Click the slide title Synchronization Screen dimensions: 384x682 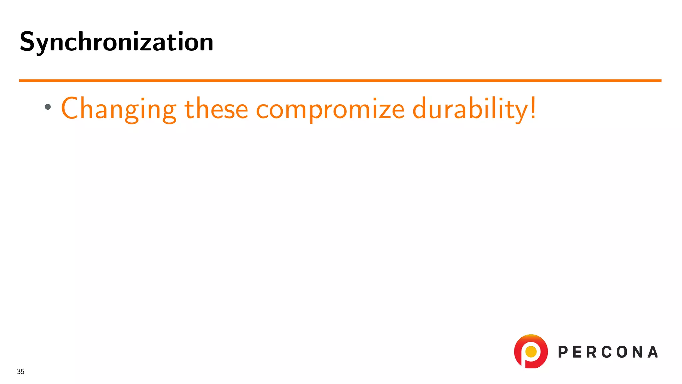point(117,42)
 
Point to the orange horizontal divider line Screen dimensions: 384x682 point(340,80)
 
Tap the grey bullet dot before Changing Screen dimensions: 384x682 point(48,107)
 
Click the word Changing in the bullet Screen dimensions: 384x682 point(119,109)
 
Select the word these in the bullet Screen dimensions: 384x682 point(216,109)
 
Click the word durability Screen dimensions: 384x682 point(470,109)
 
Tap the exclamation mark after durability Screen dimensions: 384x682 point(533,107)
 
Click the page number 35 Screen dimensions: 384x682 point(21,371)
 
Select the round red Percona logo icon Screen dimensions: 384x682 point(531,351)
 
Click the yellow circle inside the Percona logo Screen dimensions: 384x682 point(531,351)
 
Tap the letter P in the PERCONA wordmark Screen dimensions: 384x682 point(563,352)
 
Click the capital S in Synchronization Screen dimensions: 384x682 point(27,42)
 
